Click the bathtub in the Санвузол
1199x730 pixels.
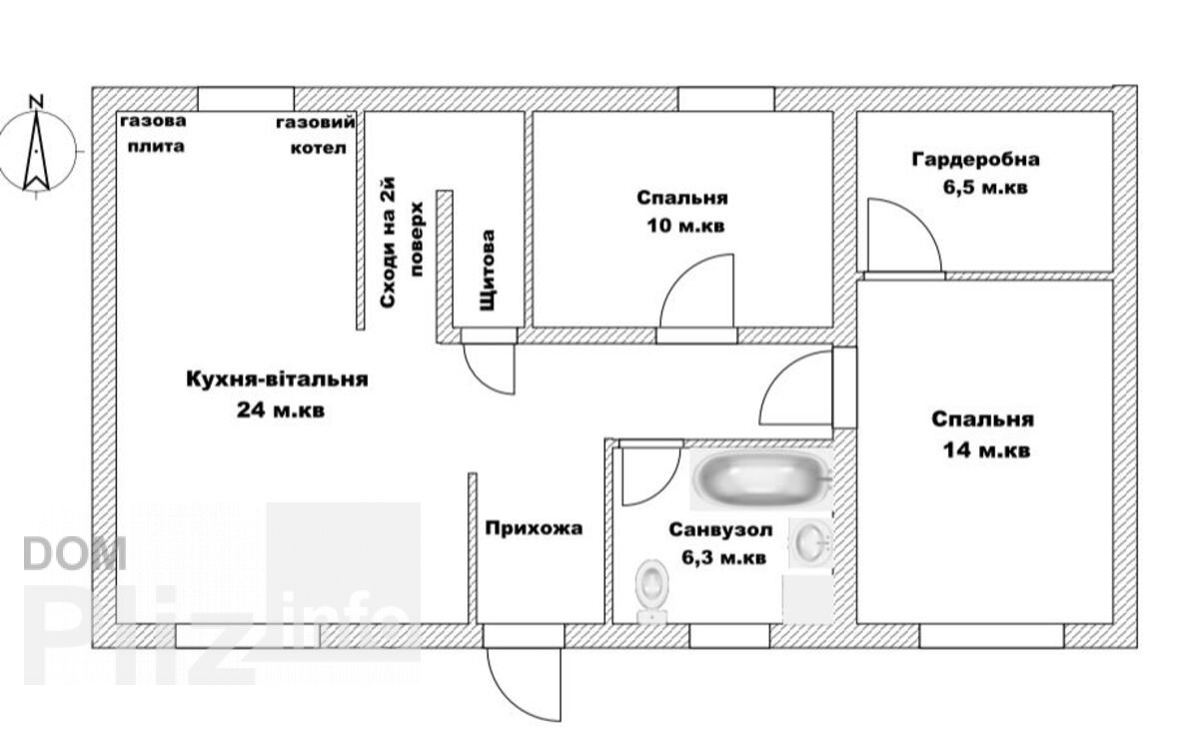point(761,478)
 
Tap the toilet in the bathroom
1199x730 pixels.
point(651,591)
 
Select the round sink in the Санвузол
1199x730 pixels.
point(811,542)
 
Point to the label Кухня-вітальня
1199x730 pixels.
point(278,379)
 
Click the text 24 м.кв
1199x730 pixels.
point(281,410)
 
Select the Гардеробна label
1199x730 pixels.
point(976,160)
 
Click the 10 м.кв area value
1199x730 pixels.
point(685,226)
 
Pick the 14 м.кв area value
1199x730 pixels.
point(986,450)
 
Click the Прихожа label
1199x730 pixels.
point(534,528)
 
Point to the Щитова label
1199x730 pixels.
point(488,270)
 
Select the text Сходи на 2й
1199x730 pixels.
point(388,243)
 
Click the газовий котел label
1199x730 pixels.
point(316,135)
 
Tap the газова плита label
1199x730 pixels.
point(154,133)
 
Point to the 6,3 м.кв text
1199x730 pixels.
point(724,558)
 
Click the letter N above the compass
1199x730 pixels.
point(36,102)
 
